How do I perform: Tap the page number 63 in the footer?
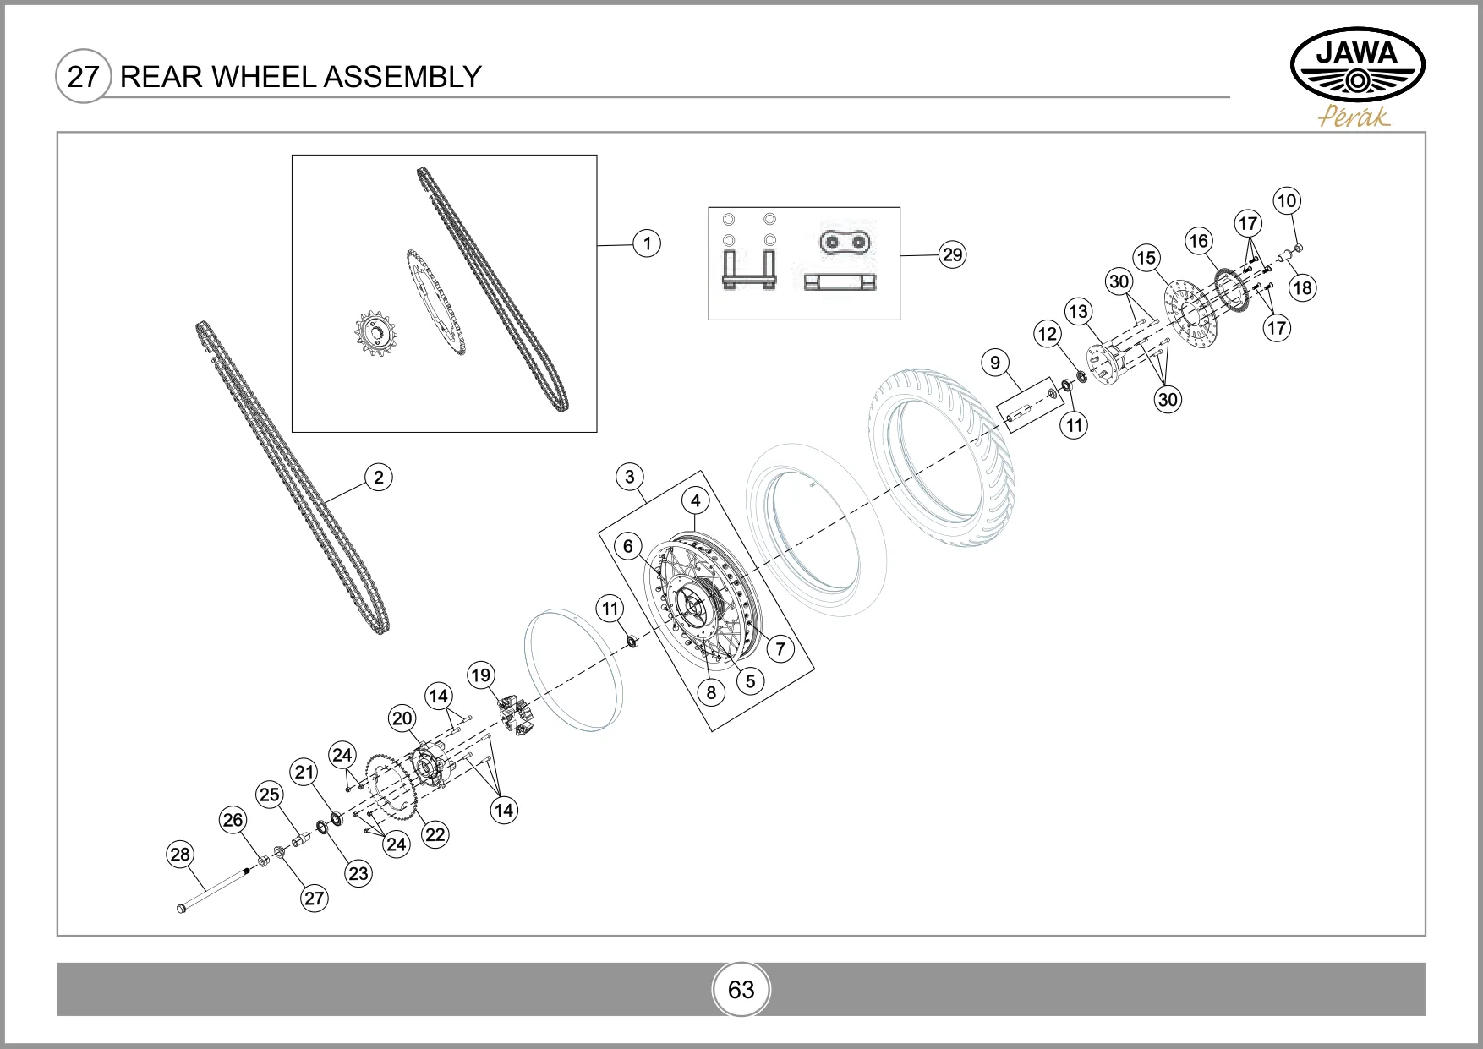tap(741, 990)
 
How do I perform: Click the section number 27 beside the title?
tap(82, 77)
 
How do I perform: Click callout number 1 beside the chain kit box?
tap(647, 243)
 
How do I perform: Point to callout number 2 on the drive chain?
tap(379, 478)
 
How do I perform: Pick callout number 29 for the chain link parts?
tap(952, 254)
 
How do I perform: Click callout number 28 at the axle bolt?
tap(180, 855)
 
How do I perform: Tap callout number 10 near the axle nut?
tap(1286, 201)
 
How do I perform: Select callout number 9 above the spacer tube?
tap(995, 363)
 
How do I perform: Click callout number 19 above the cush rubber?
tap(480, 675)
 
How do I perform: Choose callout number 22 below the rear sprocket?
tap(435, 834)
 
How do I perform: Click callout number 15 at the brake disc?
tap(1146, 258)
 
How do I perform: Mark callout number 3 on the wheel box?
tap(629, 477)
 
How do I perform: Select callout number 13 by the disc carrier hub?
tap(1078, 311)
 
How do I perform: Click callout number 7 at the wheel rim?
tap(780, 649)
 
